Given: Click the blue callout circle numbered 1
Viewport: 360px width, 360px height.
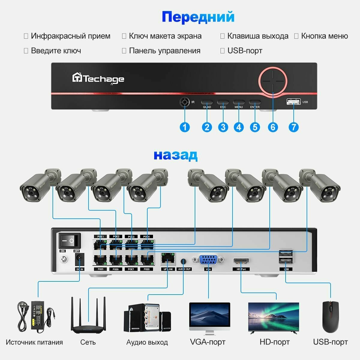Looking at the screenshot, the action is tap(184, 127).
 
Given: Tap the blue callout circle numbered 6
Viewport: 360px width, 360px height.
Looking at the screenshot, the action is tap(272, 127).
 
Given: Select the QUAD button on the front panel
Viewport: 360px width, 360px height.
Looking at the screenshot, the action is tap(207, 102).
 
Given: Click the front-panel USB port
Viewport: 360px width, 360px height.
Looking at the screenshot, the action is tap(293, 102).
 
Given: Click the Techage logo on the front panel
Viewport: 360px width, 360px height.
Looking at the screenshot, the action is tap(98, 79).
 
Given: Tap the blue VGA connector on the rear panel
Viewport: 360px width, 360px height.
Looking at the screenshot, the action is tap(208, 259).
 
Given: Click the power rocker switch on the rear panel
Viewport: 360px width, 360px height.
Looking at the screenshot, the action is tap(69, 241).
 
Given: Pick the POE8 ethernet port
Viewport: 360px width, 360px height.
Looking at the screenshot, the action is tap(147, 259).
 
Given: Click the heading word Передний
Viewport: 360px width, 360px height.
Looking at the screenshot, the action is tap(198, 17).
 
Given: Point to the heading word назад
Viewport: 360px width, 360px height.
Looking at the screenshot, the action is tap(175, 155).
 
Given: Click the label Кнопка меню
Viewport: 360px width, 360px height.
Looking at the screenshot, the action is tap(324, 36).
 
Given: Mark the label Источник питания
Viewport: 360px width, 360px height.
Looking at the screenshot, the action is tap(34, 342).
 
